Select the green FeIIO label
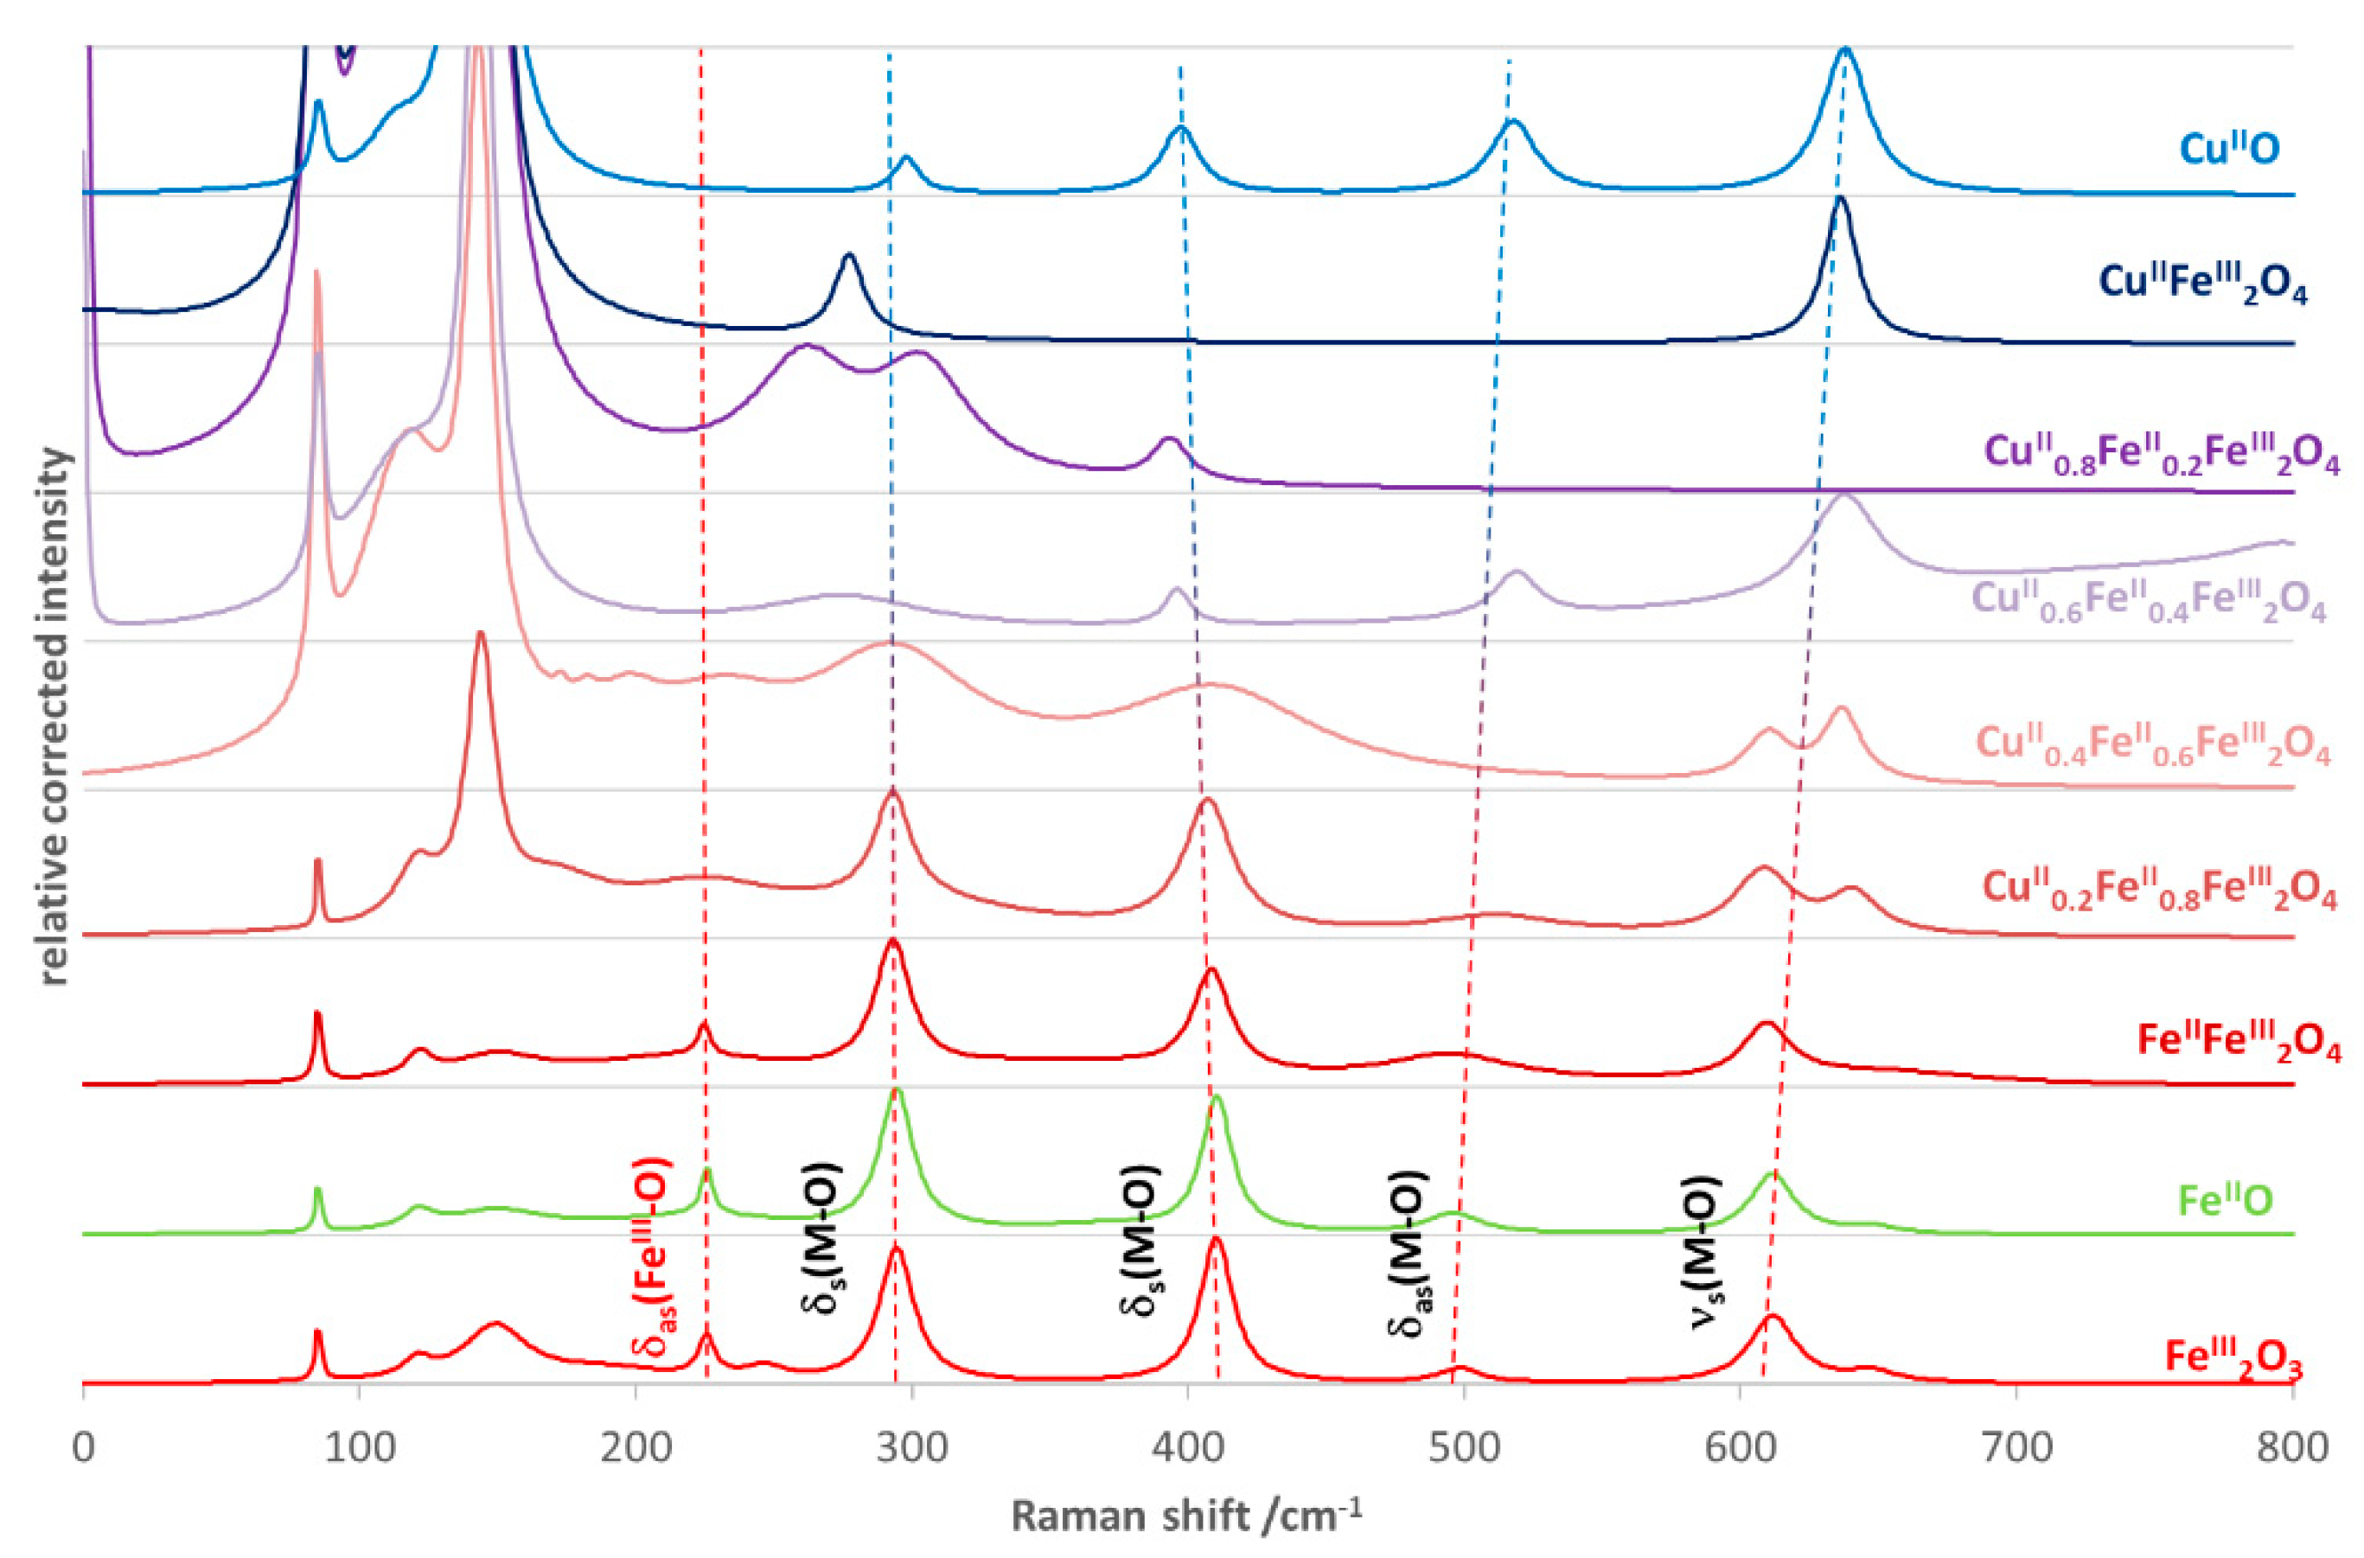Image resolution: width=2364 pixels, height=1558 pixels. click(x=2225, y=1200)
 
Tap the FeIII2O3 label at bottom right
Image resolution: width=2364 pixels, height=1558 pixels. click(x=2245, y=1359)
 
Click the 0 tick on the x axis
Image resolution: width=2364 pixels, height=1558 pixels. click(x=84, y=1447)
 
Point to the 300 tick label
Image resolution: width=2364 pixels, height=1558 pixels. click(x=912, y=1447)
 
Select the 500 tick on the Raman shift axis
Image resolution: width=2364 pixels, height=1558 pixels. click(x=1464, y=1447)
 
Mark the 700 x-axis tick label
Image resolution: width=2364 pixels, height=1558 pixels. click(x=2017, y=1447)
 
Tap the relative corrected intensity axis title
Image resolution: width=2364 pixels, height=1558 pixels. click(x=57, y=715)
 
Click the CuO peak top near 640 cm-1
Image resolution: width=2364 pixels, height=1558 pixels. click(x=1845, y=49)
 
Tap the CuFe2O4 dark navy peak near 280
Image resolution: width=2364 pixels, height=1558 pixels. click(x=848, y=257)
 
